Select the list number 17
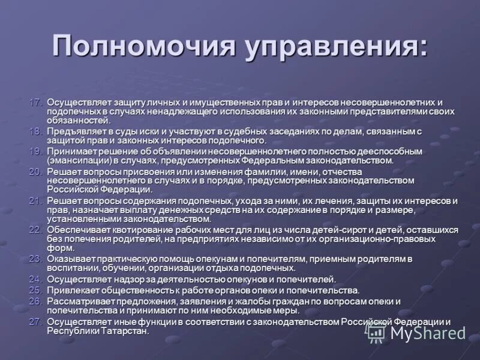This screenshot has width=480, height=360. pyautogui.click(x=37, y=103)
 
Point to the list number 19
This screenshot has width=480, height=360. pyautogui.click(x=37, y=151)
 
